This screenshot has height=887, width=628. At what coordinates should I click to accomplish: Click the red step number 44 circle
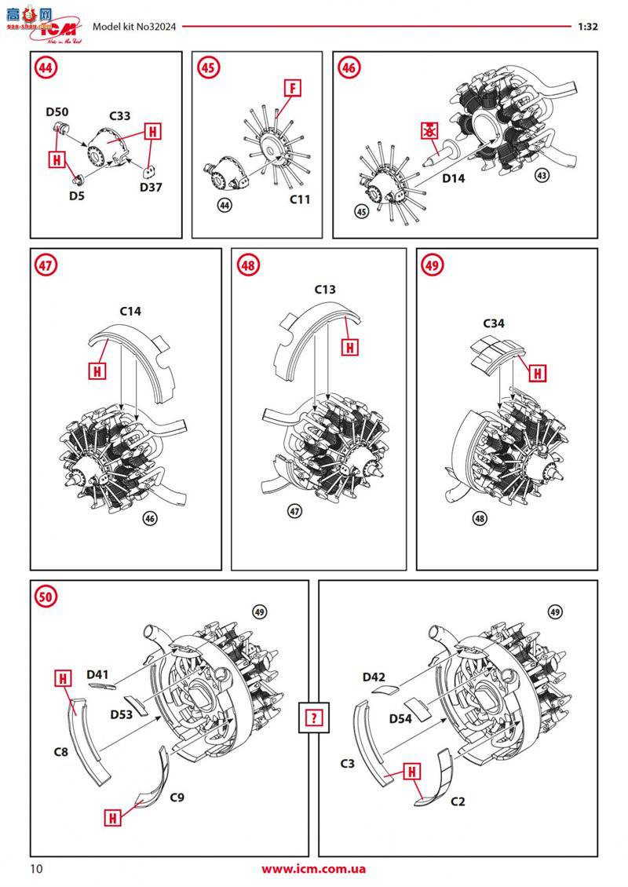pos(46,68)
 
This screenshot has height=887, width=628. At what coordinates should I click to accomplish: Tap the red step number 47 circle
pos(46,265)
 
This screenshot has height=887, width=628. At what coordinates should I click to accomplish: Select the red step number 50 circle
pos(46,597)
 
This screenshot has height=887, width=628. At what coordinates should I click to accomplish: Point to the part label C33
pos(119,115)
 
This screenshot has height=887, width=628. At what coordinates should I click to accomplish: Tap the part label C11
pos(299,199)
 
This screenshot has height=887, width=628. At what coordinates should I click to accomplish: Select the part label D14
pos(454,179)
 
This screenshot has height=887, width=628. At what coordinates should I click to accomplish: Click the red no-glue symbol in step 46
pos(429,130)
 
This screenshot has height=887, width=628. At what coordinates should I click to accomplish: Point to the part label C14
pos(130,312)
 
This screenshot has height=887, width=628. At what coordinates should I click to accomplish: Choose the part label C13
pos(325,290)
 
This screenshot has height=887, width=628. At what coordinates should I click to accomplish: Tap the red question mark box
pos(312,717)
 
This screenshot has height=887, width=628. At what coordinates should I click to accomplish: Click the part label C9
pos(178,798)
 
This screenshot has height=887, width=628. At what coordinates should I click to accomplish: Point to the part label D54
pos(401,718)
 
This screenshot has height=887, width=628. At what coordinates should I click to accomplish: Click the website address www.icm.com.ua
pos(313,869)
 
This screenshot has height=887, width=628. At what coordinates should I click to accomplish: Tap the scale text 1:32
pos(587,26)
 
